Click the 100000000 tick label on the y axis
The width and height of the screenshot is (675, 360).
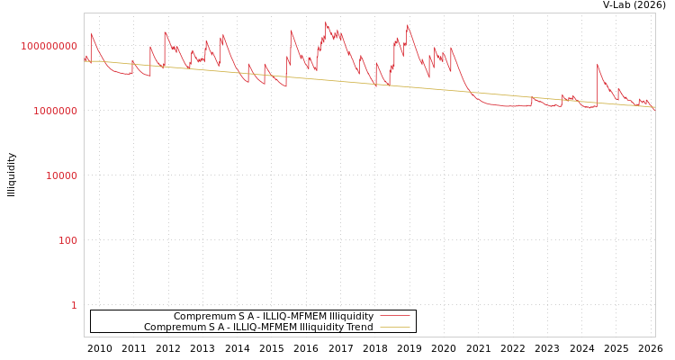click(49, 46)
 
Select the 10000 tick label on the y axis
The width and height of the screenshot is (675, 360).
click(61, 175)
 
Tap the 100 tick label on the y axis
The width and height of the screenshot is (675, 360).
click(68, 240)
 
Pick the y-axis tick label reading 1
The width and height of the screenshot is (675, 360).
click(74, 305)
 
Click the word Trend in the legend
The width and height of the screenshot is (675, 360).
click(359, 328)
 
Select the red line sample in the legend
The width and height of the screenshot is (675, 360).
click(394, 317)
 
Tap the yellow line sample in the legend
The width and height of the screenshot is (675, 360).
click(394, 328)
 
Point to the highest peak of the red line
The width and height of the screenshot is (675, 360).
click(326, 22)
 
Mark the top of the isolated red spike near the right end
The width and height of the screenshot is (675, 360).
click(598, 65)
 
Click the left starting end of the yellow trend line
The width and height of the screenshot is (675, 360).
click(85, 61)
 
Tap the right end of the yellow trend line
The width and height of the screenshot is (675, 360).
click(654, 107)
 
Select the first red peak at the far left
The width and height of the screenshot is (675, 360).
click(91, 34)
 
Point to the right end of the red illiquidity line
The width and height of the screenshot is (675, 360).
click(654, 108)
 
